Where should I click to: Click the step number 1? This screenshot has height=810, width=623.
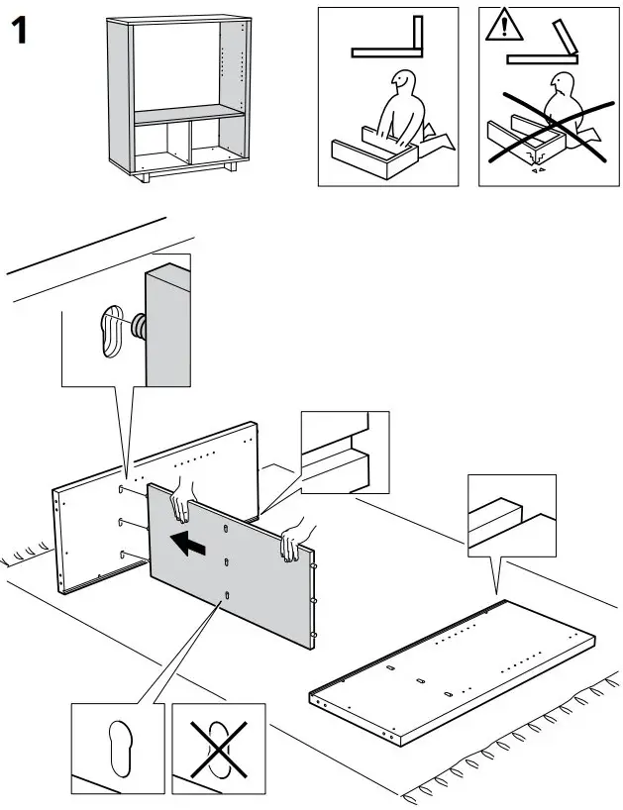pyautogui.click(x=20, y=32)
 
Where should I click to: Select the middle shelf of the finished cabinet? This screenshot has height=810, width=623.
pyautogui.click(x=188, y=118)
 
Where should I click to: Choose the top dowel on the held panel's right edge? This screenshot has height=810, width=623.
pyautogui.click(x=314, y=567)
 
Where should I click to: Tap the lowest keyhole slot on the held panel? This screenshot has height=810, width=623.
pyautogui.click(x=227, y=595)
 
